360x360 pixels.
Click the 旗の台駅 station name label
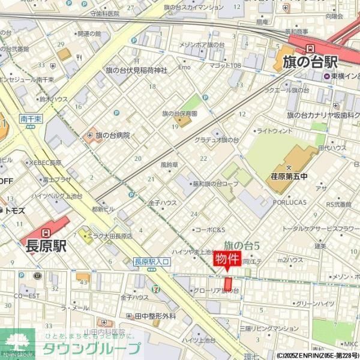point(310,62)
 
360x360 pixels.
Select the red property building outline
point(228,283)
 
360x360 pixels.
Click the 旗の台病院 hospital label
point(112,136)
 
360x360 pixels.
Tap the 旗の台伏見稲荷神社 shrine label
point(136,70)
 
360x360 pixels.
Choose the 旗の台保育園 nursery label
point(179,113)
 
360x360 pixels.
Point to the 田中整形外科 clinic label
point(155,316)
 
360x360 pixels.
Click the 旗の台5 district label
point(241,244)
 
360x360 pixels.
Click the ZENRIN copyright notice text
point(317,355)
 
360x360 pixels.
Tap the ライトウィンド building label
point(274,130)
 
